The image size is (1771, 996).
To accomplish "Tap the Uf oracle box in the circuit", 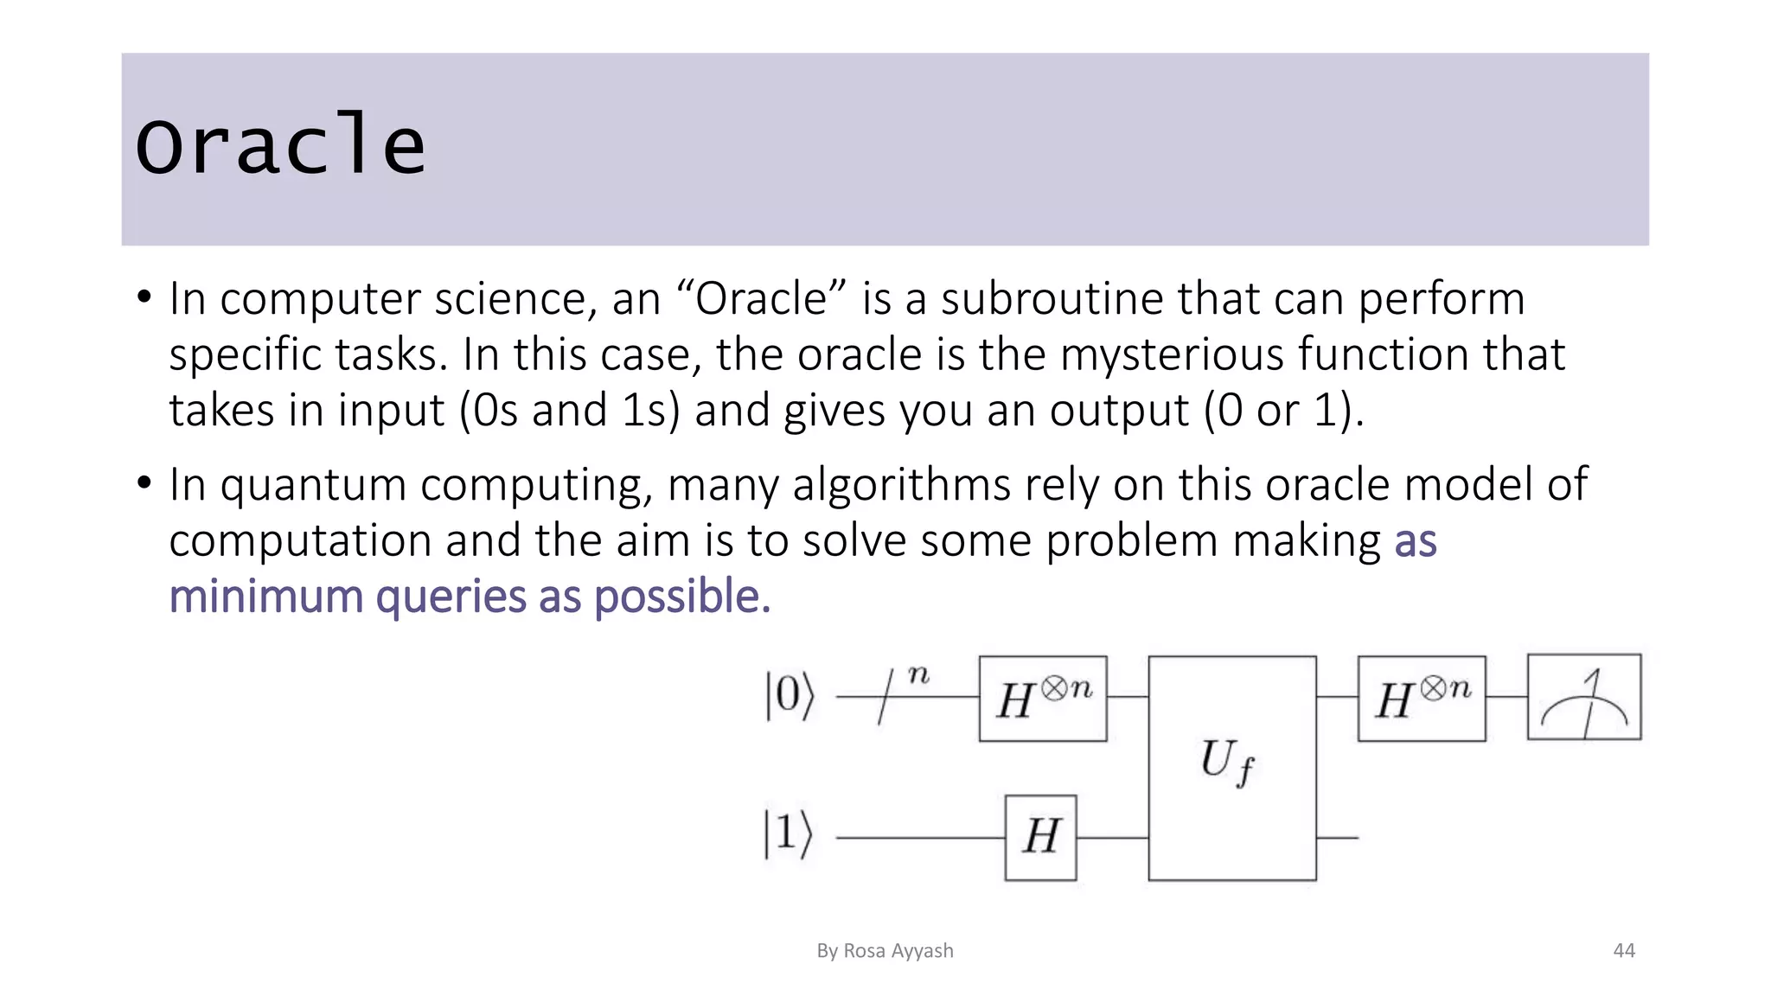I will pyautogui.click(x=1231, y=768).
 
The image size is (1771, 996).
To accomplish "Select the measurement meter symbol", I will pyautogui.click(x=1584, y=697).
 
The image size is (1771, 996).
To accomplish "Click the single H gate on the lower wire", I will pyautogui.click(x=1040, y=837).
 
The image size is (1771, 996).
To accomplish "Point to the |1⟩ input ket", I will pyautogui.click(x=788, y=834).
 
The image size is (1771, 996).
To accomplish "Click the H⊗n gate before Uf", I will pyautogui.click(x=1042, y=699).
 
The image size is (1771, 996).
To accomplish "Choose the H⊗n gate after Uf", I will pyautogui.click(x=1421, y=699).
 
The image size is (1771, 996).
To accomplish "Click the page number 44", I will pyautogui.click(x=1624, y=951).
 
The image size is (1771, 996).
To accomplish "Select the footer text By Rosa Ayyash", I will pyautogui.click(x=885, y=951).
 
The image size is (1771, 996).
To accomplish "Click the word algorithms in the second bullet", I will pyautogui.click(x=901, y=484).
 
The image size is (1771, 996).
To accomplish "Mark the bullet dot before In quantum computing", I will pyautogui.click(x=144, y=482).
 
